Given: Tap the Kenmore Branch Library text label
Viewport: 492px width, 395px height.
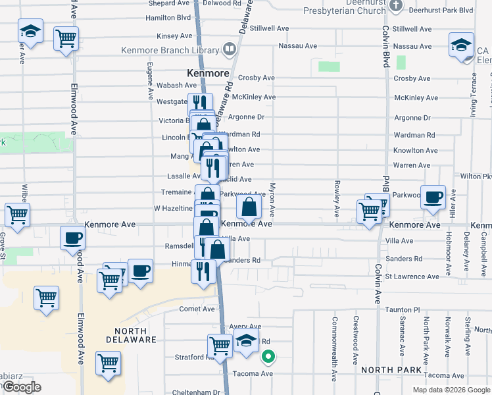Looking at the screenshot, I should tap(170, 50).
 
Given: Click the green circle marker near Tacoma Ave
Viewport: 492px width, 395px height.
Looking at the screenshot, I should tap(268, 358).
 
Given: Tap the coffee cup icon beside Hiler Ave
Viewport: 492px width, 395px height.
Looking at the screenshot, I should tap(433, 197).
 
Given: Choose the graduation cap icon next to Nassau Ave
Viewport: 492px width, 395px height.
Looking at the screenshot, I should tap(462, 45).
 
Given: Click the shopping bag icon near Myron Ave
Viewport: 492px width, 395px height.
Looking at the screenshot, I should tap(249, 207).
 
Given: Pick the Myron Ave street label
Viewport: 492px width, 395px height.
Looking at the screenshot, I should tap(272, 201).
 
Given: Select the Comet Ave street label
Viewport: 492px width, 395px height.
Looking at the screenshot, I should tap(198, 309).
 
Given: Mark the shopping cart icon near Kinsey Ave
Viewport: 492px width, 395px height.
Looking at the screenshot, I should tap(66, 38).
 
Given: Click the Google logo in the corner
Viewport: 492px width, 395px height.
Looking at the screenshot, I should tap(21, 387).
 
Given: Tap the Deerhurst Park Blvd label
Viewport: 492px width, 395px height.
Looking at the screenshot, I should tap(441, 11).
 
